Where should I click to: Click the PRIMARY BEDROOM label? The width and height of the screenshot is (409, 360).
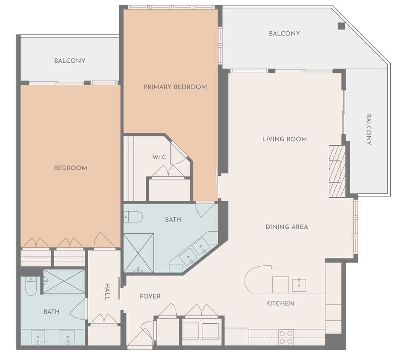pos(175,87)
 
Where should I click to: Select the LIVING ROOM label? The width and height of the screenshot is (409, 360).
pos(284,139)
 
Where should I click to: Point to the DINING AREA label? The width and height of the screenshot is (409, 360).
pos(286,227)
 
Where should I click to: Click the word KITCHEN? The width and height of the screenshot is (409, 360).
pos(280,303)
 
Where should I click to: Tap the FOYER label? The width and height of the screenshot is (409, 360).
pos(150,296)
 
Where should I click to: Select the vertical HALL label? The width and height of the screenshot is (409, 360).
pos(107,291)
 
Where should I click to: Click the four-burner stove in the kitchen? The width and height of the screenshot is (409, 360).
pos(286,337)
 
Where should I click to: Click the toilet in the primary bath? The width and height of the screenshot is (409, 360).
pos(133,217)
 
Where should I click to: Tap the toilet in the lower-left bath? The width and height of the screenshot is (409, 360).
pos(31,286)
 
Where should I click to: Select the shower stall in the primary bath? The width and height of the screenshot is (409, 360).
pos(138,253)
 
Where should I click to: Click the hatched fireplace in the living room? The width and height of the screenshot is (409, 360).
pos(337,171)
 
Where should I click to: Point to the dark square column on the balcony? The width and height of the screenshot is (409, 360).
pos(341,26)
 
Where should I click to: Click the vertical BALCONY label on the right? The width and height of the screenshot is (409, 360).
pos(369,129)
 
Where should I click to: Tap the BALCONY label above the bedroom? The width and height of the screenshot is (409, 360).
pos(69,61)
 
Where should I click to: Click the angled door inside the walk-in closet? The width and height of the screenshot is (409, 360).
pos(178,153)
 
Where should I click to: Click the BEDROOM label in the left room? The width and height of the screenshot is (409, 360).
pos(70,168)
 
